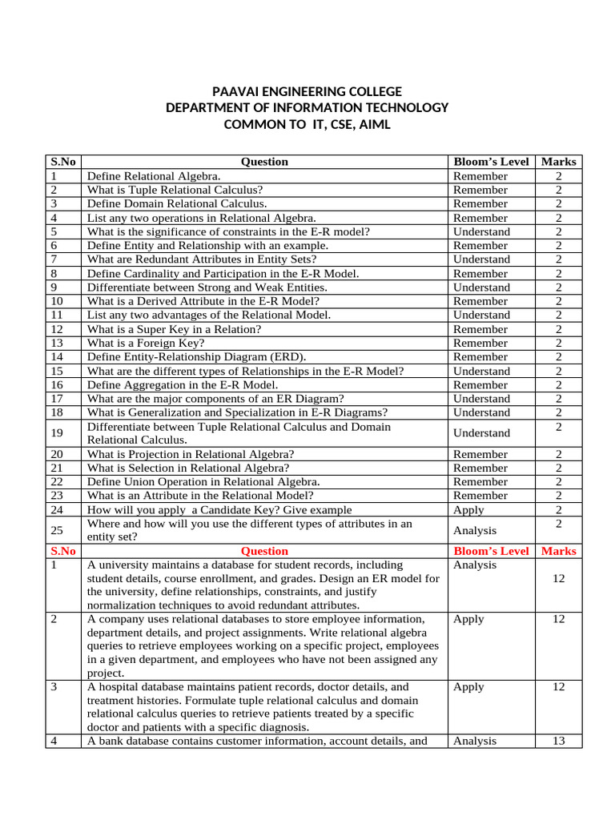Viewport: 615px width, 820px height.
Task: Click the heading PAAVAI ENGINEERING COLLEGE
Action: (x=307, y=91)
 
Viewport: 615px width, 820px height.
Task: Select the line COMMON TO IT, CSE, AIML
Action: (x=307, y=125)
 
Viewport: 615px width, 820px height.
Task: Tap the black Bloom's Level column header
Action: (x=491, y=162)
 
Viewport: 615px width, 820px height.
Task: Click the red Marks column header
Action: (x=558, y=551)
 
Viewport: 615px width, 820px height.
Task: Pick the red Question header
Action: (x=264, y=551)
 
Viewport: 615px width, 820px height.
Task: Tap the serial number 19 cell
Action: (x=56, y=433)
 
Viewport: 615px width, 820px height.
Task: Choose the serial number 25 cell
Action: (x=56, y=530)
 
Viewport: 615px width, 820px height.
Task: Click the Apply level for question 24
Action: (x=468, y=509)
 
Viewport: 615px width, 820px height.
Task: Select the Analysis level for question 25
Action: (x=475, y=530)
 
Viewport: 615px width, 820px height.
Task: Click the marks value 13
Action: (x=558, y=741)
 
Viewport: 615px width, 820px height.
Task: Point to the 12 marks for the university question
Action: (x=558, y=578)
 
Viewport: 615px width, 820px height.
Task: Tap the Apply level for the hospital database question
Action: (x=468, y=687)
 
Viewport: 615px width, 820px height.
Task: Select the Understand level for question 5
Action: (x=481, y=231)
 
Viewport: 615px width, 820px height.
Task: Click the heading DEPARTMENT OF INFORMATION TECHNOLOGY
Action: (x=307, y=108)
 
